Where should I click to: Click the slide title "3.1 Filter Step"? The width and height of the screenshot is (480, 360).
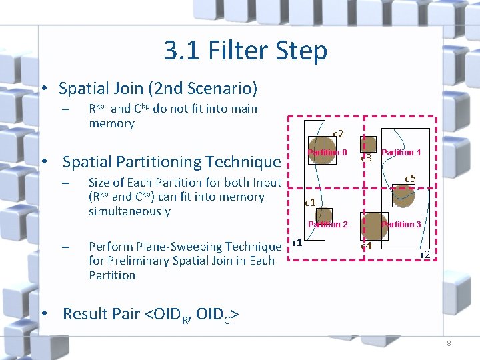click(245, 51)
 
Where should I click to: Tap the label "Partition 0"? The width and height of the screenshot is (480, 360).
click(327, 153)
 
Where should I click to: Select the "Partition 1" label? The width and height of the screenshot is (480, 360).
click(401, 153)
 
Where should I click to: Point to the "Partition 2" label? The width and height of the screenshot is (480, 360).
click(327, 225)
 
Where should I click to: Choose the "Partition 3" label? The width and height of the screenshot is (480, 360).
click(401, 225)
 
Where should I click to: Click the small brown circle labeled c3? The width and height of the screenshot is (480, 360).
click(365, 145)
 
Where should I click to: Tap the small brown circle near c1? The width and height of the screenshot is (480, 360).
click(323, 215)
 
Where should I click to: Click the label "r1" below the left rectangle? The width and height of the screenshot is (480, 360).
click(298, 242)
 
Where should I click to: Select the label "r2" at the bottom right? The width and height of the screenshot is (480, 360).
click(424, 254)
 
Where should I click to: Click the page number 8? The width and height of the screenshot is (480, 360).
click(449, 343)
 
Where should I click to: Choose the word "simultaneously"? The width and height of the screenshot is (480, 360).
click(129, 211)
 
